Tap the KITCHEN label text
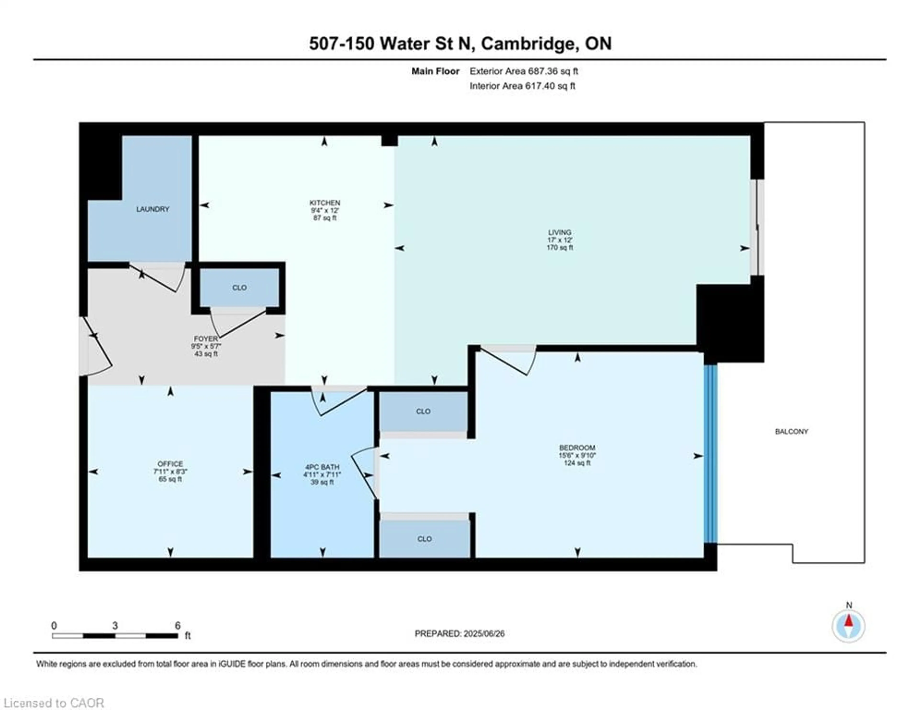325,203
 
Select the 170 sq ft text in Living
560,248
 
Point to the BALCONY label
791,431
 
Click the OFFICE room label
170,464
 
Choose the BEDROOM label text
577,448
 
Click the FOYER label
206,338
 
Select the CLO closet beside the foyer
239,288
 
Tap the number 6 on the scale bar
178,626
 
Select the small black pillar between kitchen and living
389,140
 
